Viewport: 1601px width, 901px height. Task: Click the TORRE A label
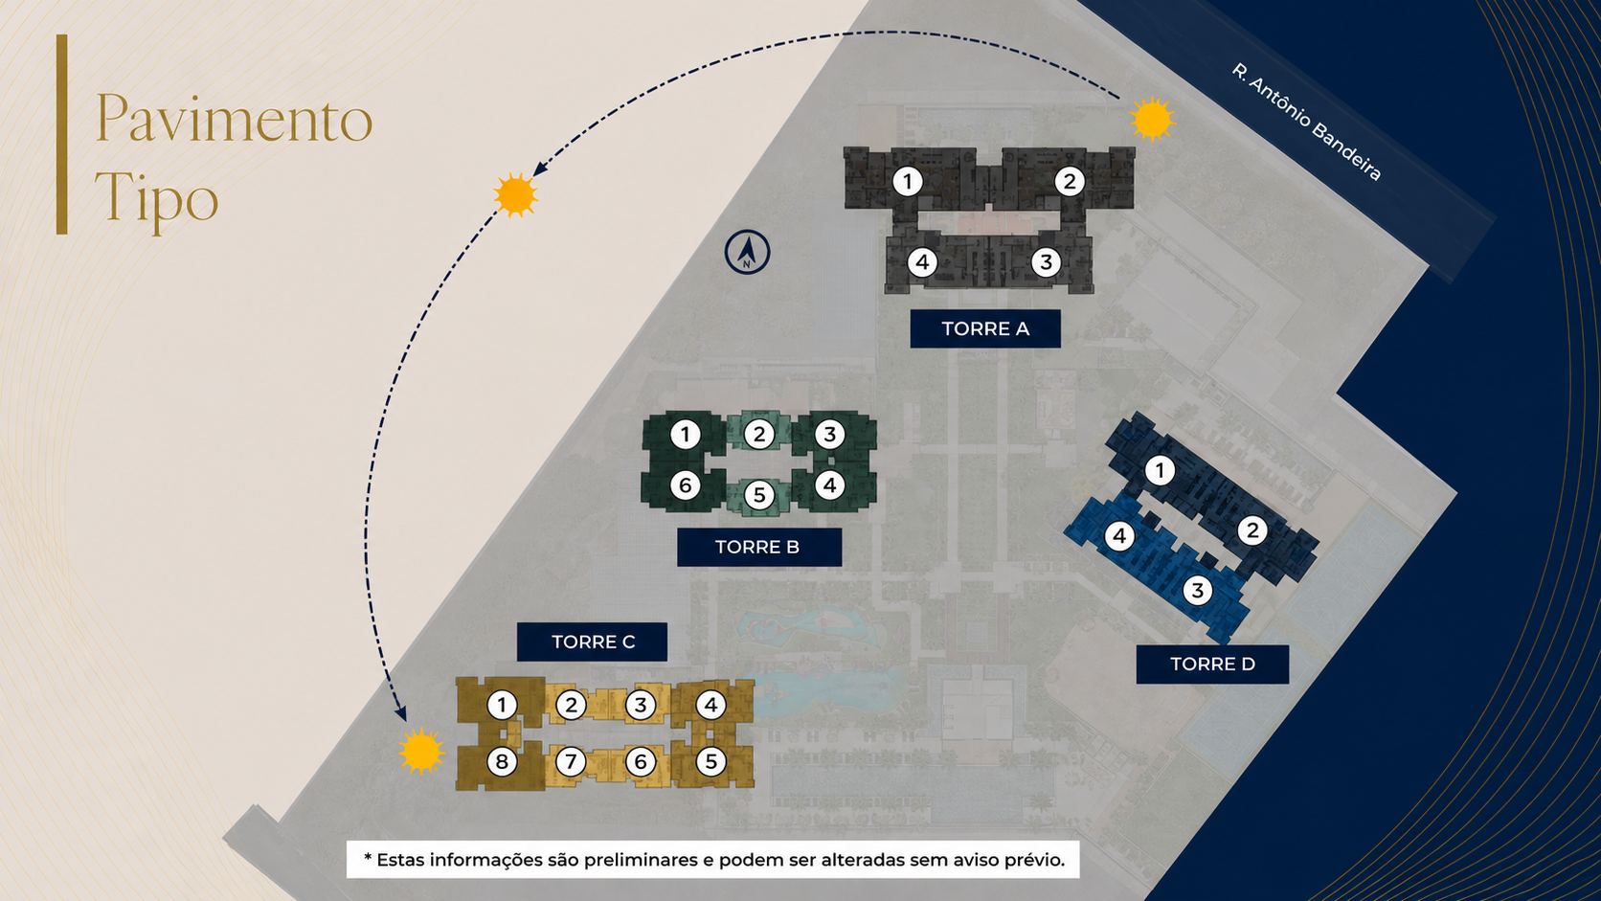tap(985, 328)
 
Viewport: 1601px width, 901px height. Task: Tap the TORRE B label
tap(759, 548)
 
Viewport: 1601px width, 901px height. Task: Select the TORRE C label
tap(592, 642)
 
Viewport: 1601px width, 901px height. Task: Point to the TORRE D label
tap(1212, 664)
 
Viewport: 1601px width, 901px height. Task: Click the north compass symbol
tap(747, 252)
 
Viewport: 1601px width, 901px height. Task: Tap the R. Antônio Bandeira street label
tap(1306, 122)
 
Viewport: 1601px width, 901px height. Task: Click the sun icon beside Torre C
tap(421, 751)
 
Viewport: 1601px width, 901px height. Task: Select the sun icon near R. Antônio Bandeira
tap(1152, 119)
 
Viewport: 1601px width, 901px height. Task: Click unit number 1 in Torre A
tap(907, 182)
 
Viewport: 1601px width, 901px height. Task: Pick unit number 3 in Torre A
tap(1046, 262)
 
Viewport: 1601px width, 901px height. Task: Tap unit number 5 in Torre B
tap(759, 494)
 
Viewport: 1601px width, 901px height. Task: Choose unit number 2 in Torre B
tap(759, 434)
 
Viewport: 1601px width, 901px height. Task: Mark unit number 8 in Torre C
tap(502, 761)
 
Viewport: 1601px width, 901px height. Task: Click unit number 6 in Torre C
tap(641, 761)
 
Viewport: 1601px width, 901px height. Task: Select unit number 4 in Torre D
tap(1119, 536)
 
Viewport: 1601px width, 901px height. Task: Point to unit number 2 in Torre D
tap(1252, 530)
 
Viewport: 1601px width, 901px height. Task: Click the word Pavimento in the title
tap(235, 119)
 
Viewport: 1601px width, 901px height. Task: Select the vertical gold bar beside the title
tap(62, 134)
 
